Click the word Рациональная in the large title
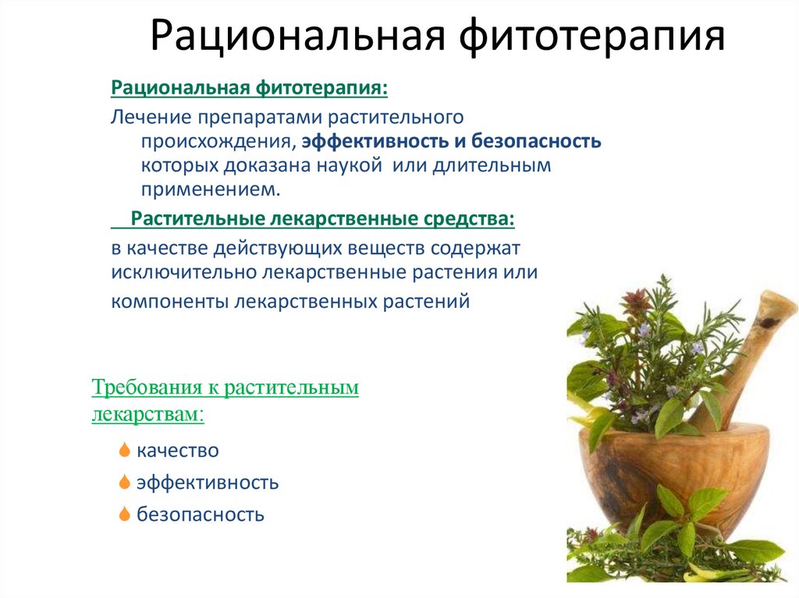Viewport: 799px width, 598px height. click(298, 36)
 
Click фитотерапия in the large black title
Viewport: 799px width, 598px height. click(591, 37)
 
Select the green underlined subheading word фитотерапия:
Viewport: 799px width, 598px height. click(321, 88)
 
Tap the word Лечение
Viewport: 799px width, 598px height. click(151, 117)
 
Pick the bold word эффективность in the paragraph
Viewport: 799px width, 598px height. click(375, 141)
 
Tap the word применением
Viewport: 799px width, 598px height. click(211, 190)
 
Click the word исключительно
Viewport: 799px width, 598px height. click(183, 273)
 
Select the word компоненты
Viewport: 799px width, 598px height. click(169, 302)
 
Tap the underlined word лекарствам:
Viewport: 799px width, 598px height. click(147, 414)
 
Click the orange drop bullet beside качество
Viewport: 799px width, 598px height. click(124, 450)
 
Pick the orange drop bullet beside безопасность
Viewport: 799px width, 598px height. click(124, 514)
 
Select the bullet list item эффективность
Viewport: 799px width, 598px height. click(208, 483)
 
